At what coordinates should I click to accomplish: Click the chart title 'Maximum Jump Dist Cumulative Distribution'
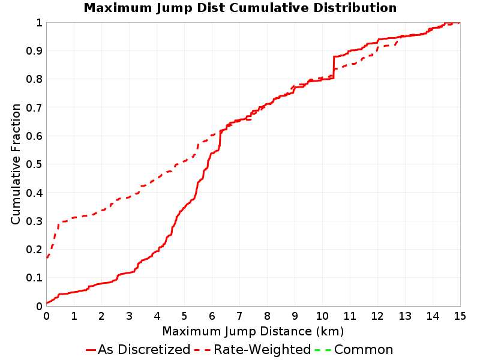(240, 8)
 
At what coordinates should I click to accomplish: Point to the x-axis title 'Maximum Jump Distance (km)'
(253, 331)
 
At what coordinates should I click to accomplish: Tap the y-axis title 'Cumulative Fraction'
(16, 164)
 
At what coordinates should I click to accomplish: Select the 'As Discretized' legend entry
(138, 350)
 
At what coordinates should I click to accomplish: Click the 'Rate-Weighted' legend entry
(253, 350)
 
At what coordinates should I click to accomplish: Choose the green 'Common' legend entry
(354, 350)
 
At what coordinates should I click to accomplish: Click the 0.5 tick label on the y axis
(34, 164)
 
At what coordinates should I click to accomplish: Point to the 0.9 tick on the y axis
(34, 51)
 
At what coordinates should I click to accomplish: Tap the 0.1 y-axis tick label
(34, 278)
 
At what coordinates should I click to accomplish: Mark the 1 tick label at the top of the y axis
(39, 23)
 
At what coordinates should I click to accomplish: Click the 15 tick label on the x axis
(460, 316)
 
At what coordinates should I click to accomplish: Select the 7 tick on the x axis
(239, 316)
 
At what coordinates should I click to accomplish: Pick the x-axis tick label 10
(322, 316)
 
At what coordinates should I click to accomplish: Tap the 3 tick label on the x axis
(129, 316)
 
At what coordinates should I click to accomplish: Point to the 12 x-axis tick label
(377, 316)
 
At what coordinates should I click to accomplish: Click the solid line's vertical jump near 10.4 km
(334, 67)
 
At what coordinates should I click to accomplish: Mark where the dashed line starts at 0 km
(47, 258)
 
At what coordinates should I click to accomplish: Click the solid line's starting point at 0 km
(47, 303)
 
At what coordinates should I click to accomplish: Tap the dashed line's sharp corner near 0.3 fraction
(58, 223)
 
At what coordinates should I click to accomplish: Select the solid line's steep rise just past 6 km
(220, 139)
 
